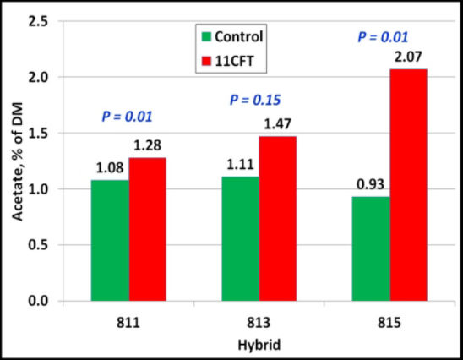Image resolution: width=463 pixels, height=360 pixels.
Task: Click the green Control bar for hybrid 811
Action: pyautogui.click(x=110, y=240)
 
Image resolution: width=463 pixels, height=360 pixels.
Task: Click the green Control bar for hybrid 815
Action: pyautogui.click(x=371, y=248)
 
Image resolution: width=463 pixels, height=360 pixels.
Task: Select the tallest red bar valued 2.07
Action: pyautogui.click(x=408, y=184)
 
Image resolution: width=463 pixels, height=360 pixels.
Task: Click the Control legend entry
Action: pyautogui.click(x=233, y=36)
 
